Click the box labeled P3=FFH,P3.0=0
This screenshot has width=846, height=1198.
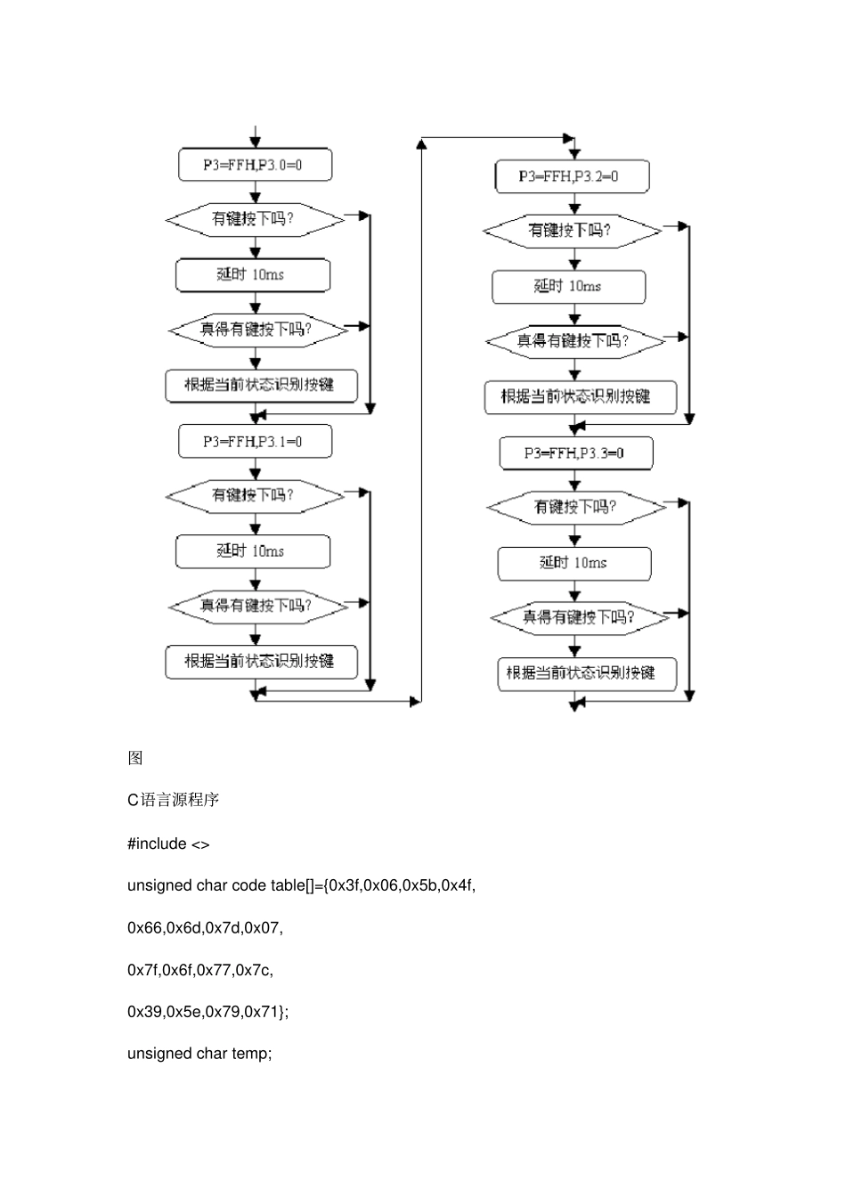pyautogui.click(x=255, y=165)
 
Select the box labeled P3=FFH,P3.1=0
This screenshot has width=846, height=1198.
pyautogui.click(x=255, y=442)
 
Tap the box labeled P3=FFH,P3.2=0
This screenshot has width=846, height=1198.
pyautogui.click(x=572, y=176)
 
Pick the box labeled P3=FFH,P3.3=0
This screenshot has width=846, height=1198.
pyautogui.click(x=576, y=453)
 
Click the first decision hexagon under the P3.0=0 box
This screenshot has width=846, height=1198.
pyautogui.click(x=255, y=219)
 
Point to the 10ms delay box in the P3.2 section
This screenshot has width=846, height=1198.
pyautogui.click(x=569, y=287)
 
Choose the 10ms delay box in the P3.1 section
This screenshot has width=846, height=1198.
pyautogui.click(x=253, y=551)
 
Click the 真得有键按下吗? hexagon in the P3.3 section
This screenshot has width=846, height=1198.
pyautogui.click(x=580, y=617)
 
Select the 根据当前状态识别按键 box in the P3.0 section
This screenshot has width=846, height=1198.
pyautogui.click(x=261, y=385)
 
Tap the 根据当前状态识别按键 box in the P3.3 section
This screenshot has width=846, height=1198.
pyautogui.click(x=587, y=673)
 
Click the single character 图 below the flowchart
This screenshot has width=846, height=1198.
pyautogui.click(x=135, y=758)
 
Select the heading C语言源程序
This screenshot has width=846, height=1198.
pyautogui.click(x=173, y=800)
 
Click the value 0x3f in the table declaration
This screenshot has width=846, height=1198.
pyautogui.click(x=344, y=885)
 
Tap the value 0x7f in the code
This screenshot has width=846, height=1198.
pyautogui.click(x=142, y=969)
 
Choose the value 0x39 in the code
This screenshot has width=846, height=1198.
pyautogui.click(x=144, y=1011)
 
